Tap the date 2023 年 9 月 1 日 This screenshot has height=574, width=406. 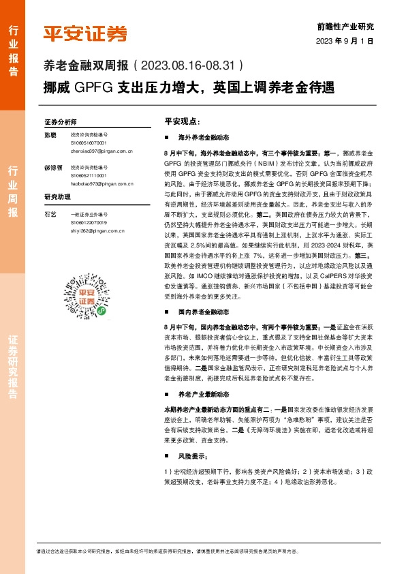coord(345,41)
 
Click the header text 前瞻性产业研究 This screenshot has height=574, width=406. coord(345,27)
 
